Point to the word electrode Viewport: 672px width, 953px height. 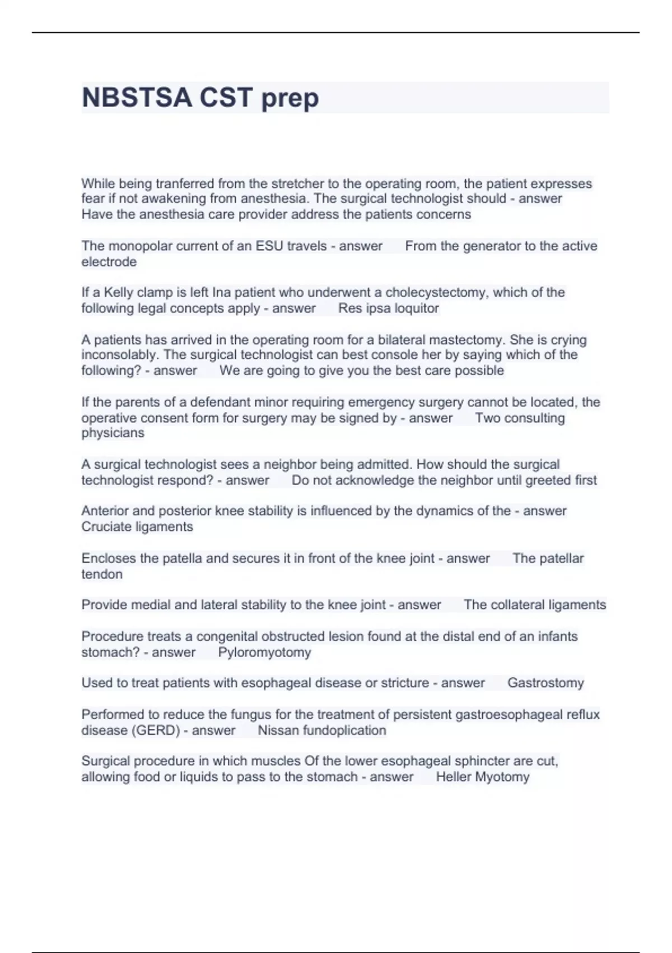(x=109, y=262)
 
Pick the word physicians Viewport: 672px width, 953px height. (x=113, y=433)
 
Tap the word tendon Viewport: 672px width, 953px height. (x=102, y=574)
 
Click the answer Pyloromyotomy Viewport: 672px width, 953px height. (x=264, y=653)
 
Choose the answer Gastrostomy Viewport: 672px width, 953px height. (x=545, y=683)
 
